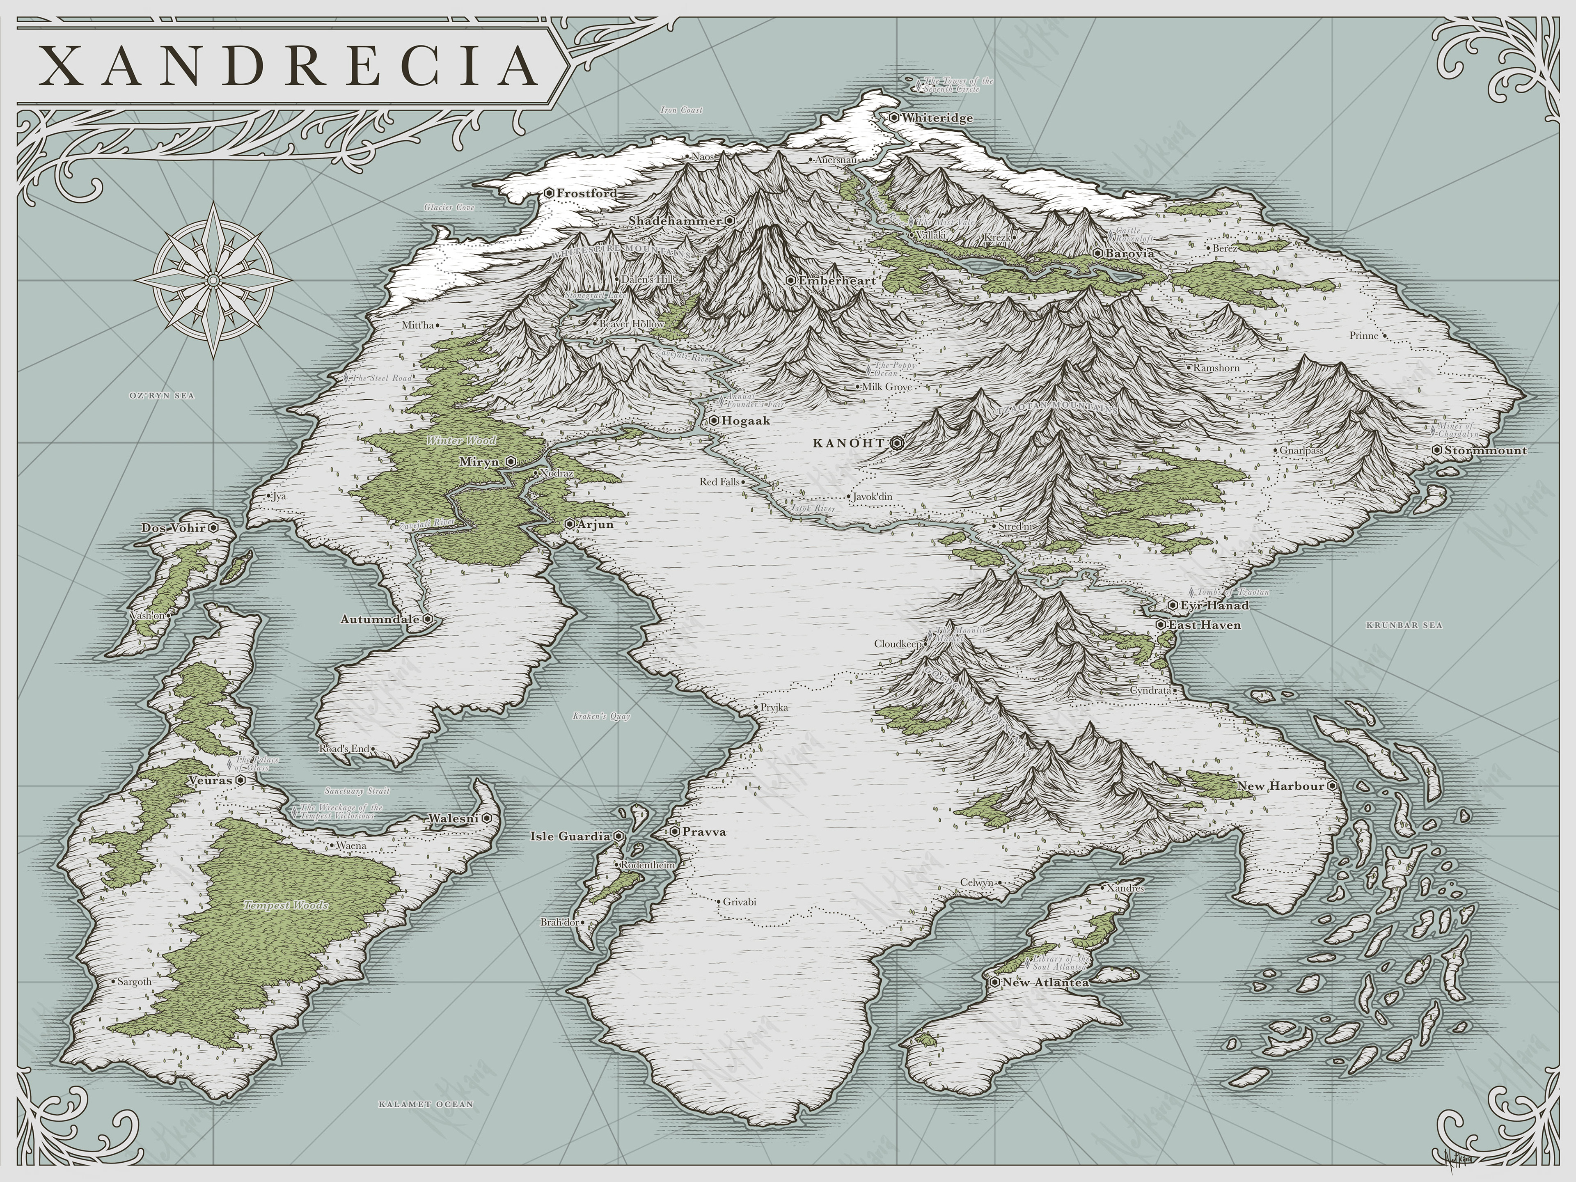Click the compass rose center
[213, 280]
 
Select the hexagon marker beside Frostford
[549, 193]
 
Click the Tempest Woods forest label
[286, 905]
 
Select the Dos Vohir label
[173, 528]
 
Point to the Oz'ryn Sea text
[162, 395]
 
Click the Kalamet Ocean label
[425, 1104]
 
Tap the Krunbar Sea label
[1404, 625]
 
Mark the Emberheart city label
[836, 281]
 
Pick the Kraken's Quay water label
[601, 716]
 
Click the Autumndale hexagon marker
[428, 619]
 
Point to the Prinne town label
[1364, 336]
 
